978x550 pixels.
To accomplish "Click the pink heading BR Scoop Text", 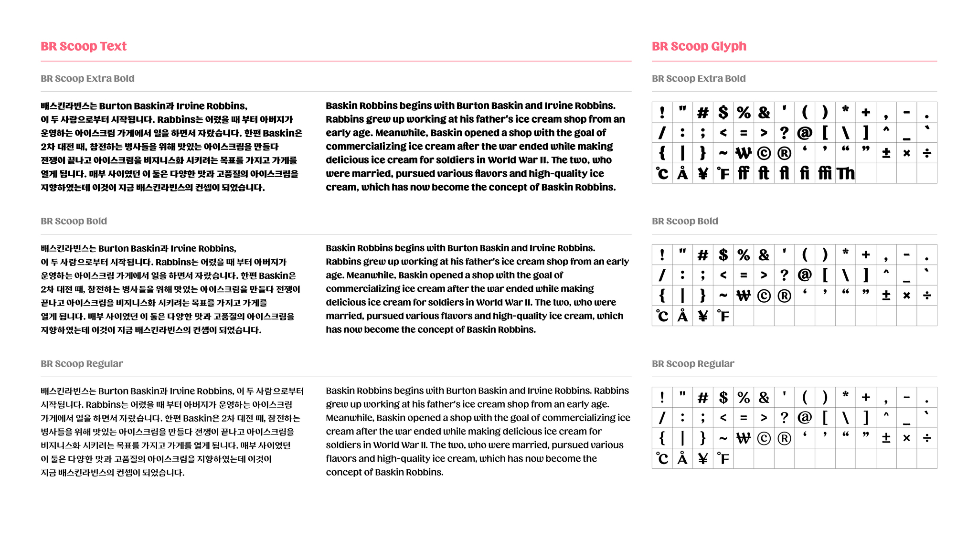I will (84, 46).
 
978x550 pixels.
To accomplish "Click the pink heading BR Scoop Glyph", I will (699, 46).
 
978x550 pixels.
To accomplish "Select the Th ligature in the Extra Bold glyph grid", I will (845, 173).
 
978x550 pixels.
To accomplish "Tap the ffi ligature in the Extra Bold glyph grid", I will (825, 173).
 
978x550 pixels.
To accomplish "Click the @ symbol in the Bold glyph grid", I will (805, 275).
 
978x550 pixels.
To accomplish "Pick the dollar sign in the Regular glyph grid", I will (723, 397).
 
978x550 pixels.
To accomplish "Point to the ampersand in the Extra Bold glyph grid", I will (764, 113).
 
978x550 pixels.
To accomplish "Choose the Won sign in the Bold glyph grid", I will (744, 296).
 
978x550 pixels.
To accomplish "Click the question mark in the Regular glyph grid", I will (784, 418).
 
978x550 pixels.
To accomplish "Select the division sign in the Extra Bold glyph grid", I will (927, 153).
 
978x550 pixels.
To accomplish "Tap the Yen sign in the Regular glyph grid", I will (702, 459).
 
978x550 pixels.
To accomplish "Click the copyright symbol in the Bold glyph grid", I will (764, 296).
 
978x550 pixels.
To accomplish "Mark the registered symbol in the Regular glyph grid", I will (784, 438).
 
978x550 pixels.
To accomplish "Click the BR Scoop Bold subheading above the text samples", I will (74, 221).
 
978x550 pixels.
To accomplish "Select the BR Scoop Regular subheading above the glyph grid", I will (693, 364).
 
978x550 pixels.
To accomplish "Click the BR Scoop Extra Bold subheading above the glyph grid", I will (699, 79).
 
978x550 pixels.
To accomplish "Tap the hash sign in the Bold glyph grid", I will (702, 255).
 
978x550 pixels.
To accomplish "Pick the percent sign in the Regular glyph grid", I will (744, 397).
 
